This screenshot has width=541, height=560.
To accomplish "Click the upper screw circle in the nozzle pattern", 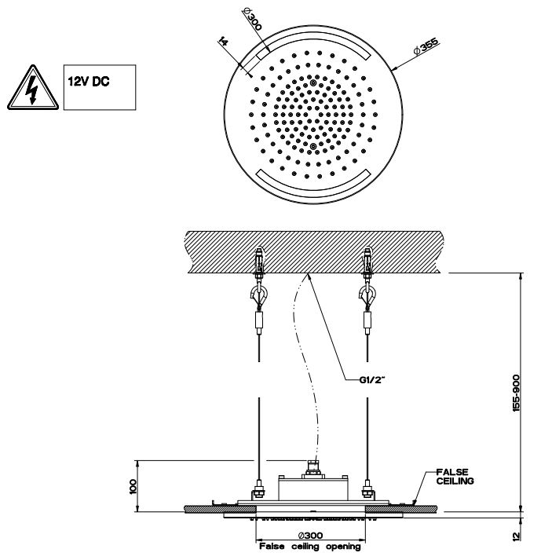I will pos(313,82).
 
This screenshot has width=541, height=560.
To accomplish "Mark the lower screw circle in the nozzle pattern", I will pos(313,147).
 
